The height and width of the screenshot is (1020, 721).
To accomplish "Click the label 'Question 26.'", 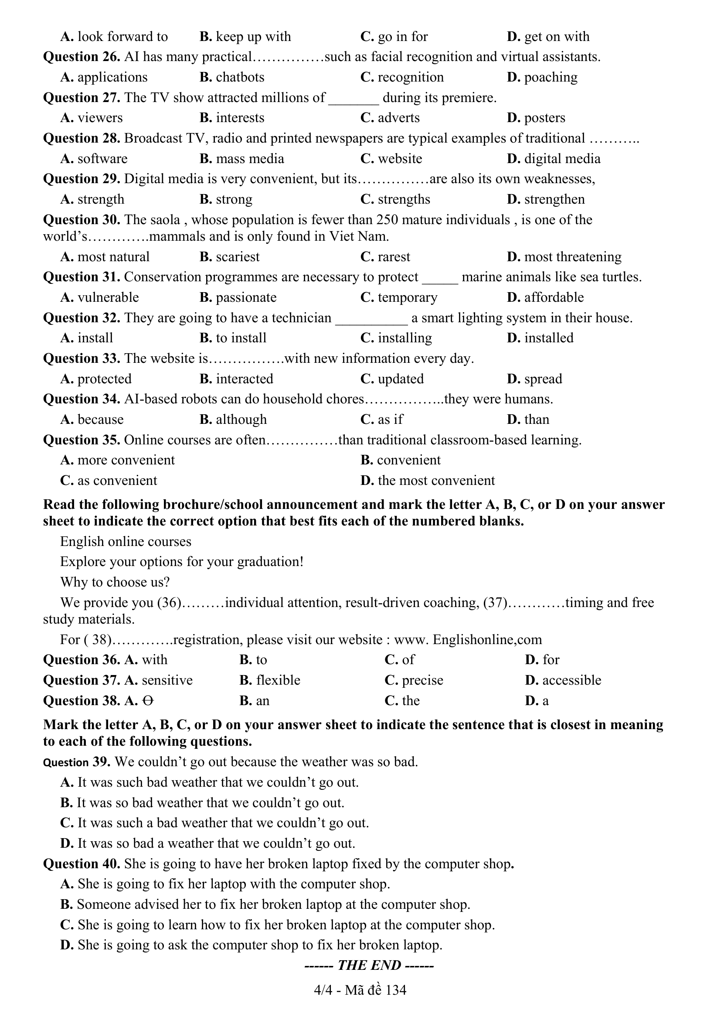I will (81, 57).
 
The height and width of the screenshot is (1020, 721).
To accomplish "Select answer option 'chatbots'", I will (240, 77).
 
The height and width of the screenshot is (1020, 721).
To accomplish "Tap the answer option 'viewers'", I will (100, 118).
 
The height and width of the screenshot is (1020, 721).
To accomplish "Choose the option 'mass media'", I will (249, 159).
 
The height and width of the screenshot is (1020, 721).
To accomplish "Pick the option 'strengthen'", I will (554, 199).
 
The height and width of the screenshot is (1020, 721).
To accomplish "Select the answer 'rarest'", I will (394, 257).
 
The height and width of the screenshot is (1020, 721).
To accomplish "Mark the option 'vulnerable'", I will (108, 297).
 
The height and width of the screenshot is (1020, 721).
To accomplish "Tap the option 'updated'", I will (401, 379).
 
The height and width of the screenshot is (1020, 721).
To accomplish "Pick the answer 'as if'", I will (390, 420).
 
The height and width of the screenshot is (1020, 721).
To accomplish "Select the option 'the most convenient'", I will (436, 481).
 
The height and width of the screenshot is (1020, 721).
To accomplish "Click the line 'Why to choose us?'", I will (115, 582).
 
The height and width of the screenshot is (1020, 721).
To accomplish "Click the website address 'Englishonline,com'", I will (487, 640).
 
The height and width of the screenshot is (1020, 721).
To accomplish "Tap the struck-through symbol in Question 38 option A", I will (148, 701).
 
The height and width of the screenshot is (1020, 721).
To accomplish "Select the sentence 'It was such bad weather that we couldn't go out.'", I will (218, 782).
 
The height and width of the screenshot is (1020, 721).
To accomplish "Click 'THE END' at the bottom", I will (369, 965).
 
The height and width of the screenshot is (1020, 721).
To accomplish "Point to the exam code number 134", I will (396, 990).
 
